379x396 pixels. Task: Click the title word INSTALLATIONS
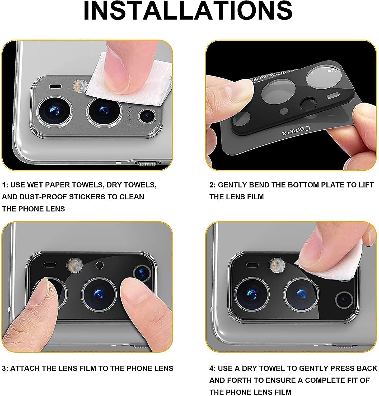188,11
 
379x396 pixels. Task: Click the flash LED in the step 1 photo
77,86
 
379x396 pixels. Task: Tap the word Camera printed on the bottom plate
296,130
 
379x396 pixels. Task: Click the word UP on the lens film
331,70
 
